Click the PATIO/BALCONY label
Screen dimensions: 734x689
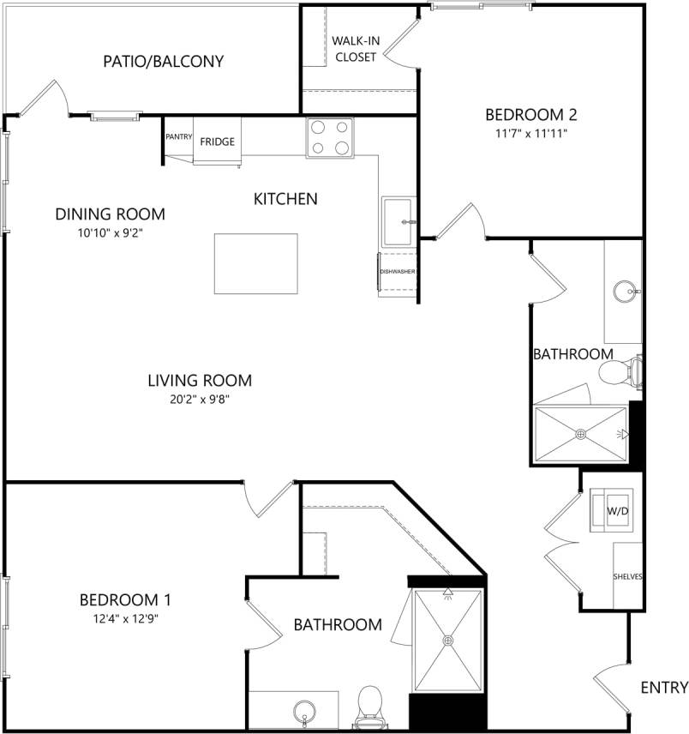pyautogui.click(x=163, y=62)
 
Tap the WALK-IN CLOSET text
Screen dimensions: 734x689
pyautogui.click(x=356, y=49)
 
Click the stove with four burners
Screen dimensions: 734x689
pyautogui.click(x=330, y=137)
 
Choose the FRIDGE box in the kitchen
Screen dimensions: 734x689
pyautogui.click(x=218, y=142)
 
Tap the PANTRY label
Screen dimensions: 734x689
pyautogui.click(x=178, y=136)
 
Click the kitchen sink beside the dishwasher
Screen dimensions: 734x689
pyautogui.click(x=398, y=222)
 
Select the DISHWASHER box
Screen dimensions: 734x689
pyautogui.click(x=398, y=272)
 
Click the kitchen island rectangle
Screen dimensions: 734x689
pyautogui.click(x=256, y=263)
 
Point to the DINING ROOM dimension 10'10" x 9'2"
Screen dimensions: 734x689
pyautogui.click(x=110, y=232)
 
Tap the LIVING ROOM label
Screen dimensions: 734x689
pyautogui.click(x=200, y=380)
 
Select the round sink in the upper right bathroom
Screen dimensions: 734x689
pyautogui.click(x=625, y=292)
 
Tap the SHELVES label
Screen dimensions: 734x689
pyautogui.click(x=627, y=576)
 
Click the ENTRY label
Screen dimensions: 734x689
pyautogui.click(x=664, y=687)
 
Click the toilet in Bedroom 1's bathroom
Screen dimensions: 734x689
pyautogui.click(x=370, y=702)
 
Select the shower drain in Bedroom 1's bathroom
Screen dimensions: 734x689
pyautogui.click(x=447, y=640)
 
